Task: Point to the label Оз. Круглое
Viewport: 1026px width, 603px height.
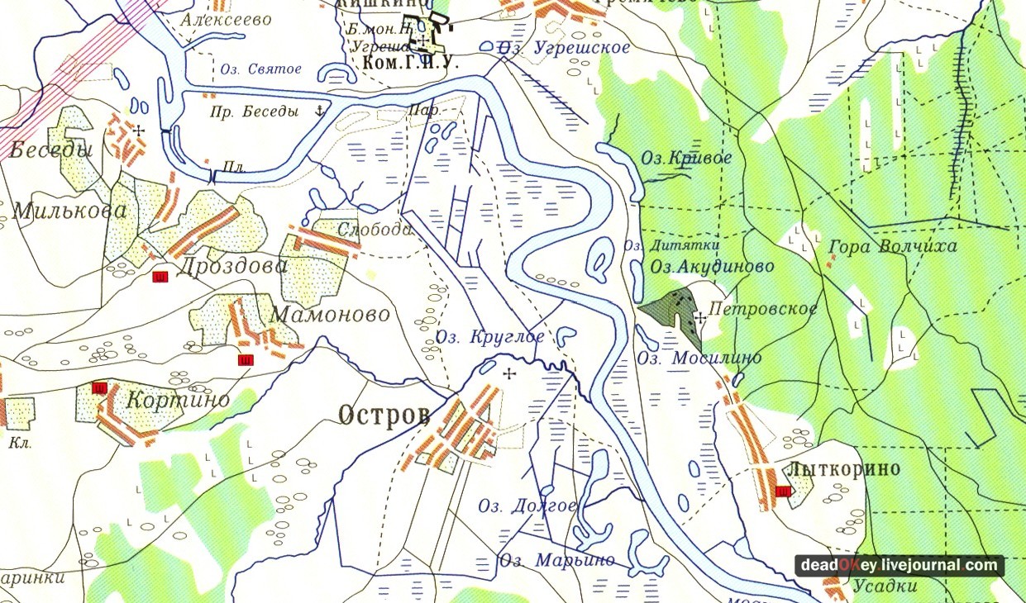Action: point(490,336)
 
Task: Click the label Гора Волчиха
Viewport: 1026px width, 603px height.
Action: point(892,246)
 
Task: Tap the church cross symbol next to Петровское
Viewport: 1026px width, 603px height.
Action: point(700,316)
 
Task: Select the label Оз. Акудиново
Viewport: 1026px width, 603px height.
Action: point(712,266)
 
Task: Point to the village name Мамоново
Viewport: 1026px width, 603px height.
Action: point(330,315)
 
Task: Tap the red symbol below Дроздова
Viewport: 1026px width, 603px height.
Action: point(160,278)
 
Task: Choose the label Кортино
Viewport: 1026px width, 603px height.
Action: point(178,399)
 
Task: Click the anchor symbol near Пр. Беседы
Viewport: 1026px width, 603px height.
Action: point(318,110)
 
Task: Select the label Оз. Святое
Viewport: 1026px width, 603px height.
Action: point(260,69)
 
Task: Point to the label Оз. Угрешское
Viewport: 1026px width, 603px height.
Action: point(565,48)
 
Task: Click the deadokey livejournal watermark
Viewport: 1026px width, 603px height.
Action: point(900,565)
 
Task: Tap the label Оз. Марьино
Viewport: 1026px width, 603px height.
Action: point(556,560)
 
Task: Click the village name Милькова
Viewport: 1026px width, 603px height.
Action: point(63,210)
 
